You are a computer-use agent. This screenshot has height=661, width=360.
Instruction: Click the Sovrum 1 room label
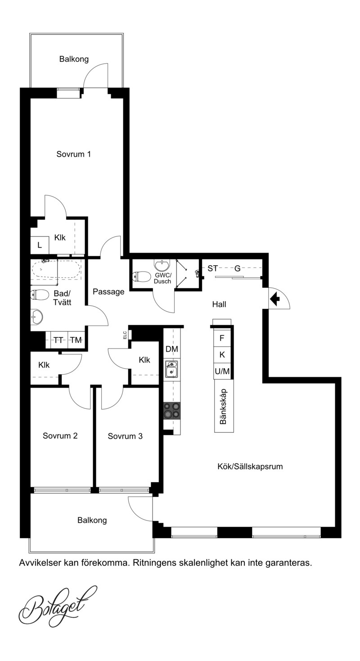(73, 154)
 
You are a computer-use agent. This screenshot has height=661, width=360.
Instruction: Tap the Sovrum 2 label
(60, 436)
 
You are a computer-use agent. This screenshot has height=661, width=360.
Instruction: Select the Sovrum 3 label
(125, 436)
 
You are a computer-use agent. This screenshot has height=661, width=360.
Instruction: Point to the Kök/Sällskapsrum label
(250, 466)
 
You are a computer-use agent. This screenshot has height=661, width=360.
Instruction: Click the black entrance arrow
(275, 299)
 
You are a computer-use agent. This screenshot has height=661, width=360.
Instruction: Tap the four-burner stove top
(172, 411)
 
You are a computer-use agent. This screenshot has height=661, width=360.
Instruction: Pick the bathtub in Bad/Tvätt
(56, 268)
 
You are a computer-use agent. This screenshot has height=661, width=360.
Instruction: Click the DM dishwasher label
(172, 349)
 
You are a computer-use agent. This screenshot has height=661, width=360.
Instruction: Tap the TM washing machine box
(76, 340)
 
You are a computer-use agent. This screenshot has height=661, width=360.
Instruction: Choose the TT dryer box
(58, 340)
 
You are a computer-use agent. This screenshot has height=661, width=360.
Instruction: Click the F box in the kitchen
(222, 338)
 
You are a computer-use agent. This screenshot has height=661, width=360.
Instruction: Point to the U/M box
(222, 371)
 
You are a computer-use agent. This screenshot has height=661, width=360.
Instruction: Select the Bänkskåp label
(224, 406)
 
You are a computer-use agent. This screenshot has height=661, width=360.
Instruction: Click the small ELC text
(125, 335)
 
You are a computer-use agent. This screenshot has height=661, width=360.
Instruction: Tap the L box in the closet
(40, 245)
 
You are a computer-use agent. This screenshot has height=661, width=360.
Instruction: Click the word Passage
(108, 292)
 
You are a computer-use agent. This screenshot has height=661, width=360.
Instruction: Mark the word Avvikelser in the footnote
(36, 563)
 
